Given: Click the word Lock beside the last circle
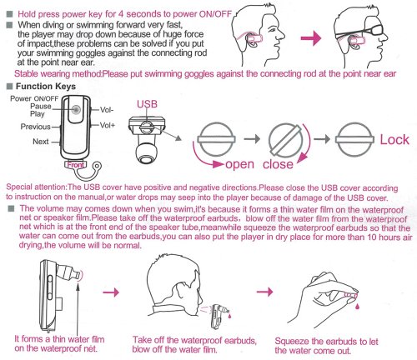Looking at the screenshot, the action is (x=394, y=140).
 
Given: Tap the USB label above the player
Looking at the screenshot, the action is (x=147, y=104).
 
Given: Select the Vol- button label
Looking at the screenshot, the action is (x=107, y=110).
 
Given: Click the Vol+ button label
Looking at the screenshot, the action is (x=108, y=125).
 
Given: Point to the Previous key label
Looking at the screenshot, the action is (x=36, y=127).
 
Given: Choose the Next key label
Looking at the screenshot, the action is (x=41, y=142).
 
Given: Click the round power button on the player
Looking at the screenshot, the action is (x=76, y=109).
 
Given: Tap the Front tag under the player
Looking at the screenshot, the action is (x=76, y=165).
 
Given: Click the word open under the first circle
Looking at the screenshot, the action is (x=240, y=165).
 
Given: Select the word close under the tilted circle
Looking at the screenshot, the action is (x=278, y=164).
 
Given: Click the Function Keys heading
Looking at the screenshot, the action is (x=46, y=87).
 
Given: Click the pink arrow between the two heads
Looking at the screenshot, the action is (x=311, y=38).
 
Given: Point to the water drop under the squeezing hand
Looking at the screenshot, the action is (x=357, y=306).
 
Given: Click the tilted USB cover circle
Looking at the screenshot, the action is (x=286, y=140).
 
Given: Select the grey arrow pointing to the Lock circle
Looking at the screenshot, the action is (x=322, y=138).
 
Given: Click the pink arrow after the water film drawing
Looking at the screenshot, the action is (x=111, y=292).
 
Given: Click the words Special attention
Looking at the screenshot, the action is (x=36, y=187).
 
